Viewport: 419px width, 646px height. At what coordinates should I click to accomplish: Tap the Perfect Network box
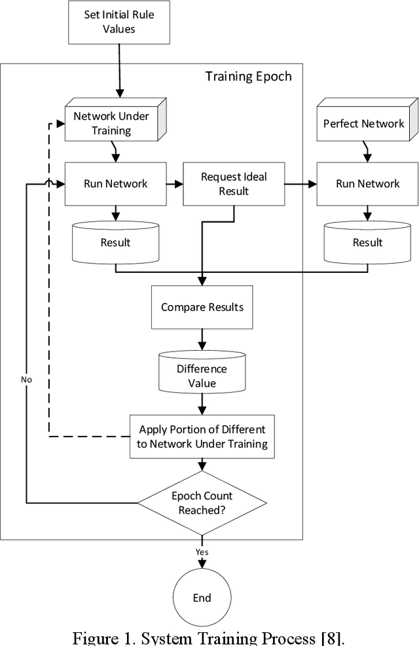click(364, 123)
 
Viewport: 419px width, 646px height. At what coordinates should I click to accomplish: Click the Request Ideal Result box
click(234, 183)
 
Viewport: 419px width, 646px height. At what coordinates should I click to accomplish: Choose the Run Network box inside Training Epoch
click(115, 183)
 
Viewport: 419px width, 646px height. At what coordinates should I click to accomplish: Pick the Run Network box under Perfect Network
click(367, 183)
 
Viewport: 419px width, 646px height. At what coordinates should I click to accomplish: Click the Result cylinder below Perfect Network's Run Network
click(367, 242)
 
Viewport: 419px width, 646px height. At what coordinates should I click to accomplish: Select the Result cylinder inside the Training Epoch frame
click(115, 242)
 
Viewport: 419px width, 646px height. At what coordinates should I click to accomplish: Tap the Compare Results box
click(202, 306)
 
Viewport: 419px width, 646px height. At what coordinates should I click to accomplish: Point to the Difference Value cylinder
click(202, 376)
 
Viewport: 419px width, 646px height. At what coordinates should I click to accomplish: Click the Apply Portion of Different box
click(202, 437)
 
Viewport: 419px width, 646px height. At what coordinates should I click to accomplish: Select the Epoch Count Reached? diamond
click(202, 503)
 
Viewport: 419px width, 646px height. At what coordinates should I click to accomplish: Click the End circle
click(202, 598)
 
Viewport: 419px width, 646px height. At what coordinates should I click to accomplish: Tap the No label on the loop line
click(26, 379)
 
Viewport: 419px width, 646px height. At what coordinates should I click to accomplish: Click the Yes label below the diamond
click(202, 552)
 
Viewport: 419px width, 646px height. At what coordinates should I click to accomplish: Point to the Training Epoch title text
click(249, 76)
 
